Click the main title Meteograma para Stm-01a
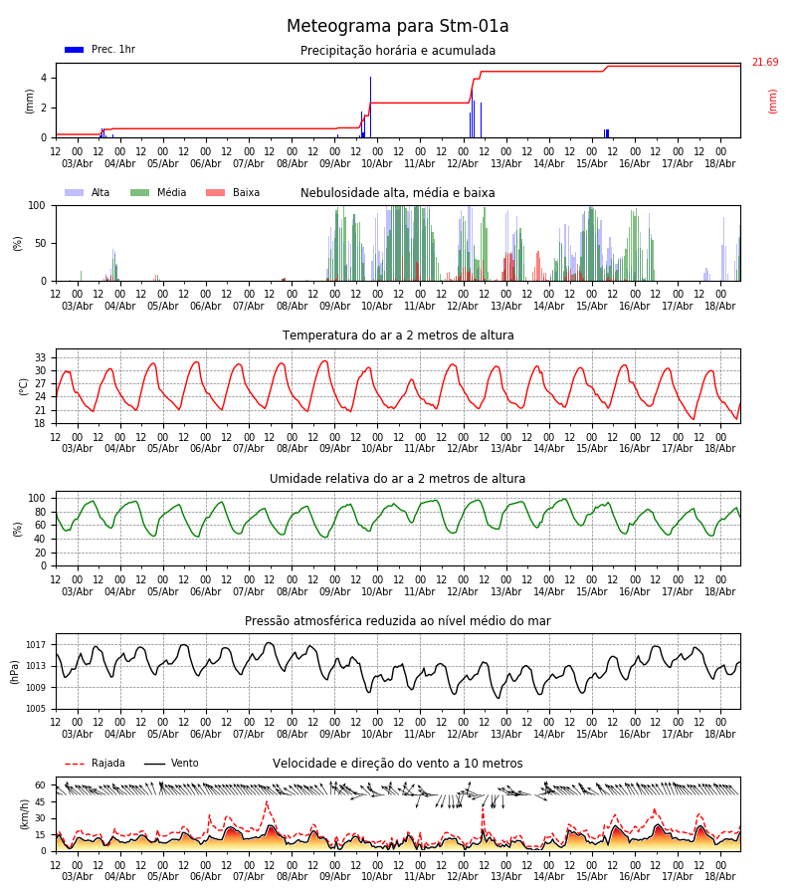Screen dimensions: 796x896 click(x=397, y=26)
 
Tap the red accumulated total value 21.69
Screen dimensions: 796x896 click(x=765, y=62)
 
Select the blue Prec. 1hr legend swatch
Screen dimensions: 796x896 click(x=75, y=50)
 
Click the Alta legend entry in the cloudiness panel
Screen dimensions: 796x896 click(x=88, y=192)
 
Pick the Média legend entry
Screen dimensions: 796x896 click(x=158, y=192)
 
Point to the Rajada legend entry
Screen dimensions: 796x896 click(x=95, y=763)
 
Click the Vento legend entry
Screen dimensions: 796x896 click(x=171, y=763)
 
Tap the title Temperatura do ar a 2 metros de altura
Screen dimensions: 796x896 click(x=398, y=336)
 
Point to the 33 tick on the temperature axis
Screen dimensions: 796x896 click(x=41, y=357)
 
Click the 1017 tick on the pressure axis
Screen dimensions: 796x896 click(x=36, y=644)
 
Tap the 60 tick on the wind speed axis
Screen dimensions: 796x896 click(x=41, y=785)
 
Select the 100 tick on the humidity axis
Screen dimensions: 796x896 click(x=37, y=498)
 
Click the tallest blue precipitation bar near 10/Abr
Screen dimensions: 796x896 click(x=370, y=107)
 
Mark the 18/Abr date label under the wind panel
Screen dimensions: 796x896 click(x=720, y=876)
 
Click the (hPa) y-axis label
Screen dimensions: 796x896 click(x=15, y=672)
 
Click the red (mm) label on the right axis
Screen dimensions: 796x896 click(x=772, y=102)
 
